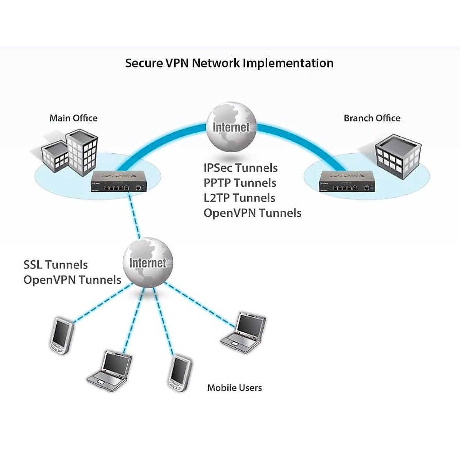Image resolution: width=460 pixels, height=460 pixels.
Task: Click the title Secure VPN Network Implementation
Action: (229, 63)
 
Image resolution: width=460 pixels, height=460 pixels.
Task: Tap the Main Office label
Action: (74, 118)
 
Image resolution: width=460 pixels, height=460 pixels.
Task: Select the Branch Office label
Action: (372, 118)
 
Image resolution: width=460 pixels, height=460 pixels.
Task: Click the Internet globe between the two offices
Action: (231, 126)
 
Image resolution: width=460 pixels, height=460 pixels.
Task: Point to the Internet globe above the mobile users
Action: (148, 263)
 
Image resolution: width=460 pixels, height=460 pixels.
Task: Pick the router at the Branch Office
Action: (347, 182)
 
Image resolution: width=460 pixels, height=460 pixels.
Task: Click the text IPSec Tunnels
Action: (240, 168)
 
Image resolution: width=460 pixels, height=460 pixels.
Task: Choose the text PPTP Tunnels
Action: (240, 183)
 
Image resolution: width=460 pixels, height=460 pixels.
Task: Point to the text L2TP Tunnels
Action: (239, 198)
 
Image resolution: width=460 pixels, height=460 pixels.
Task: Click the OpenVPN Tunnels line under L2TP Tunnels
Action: (252, 213)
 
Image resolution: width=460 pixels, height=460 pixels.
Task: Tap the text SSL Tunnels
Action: (56, 265)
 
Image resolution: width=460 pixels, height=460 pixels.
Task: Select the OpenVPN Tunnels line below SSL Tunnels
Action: (72, 280)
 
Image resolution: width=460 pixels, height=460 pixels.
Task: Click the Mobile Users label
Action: (234, 388)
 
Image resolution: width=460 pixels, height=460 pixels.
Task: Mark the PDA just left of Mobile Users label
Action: (180, 374)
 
